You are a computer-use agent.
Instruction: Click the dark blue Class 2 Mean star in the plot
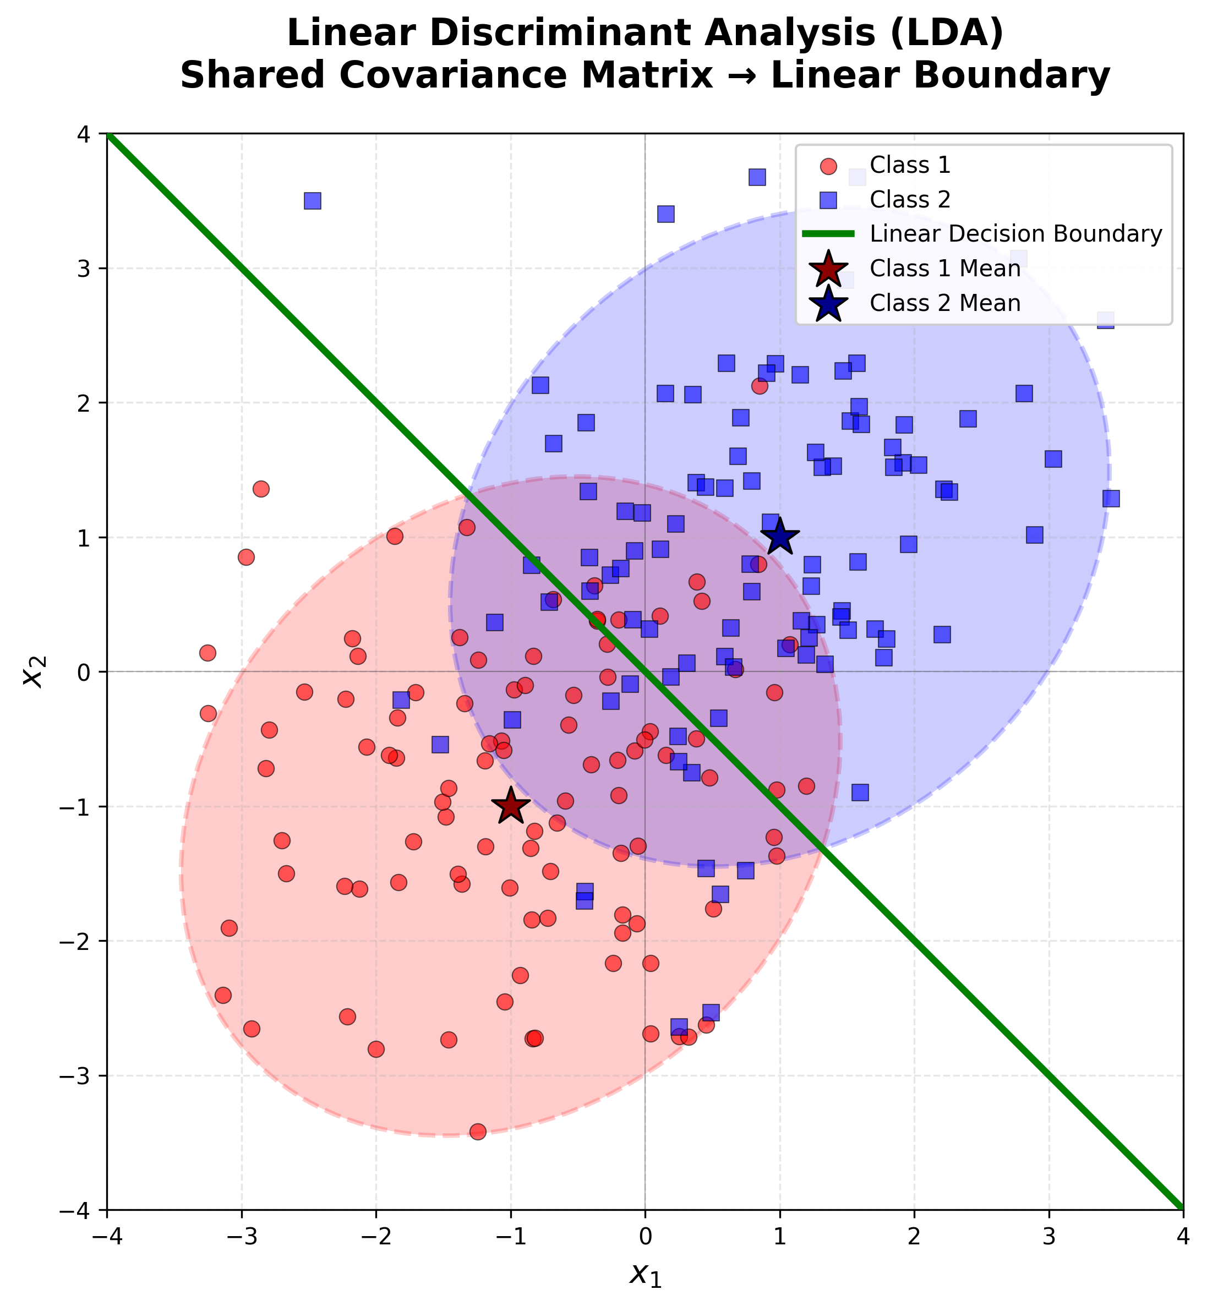tap(779, 537)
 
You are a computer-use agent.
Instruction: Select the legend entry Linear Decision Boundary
tap(1015, 234)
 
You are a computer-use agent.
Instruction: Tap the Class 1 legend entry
tap(910, 165)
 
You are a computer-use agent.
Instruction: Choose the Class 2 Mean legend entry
tap(944, 303)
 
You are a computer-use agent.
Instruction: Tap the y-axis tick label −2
tap(77, 941)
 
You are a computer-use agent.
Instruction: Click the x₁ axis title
tap(645, 1274)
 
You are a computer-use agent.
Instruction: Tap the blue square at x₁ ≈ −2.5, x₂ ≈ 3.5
tap(312, 201)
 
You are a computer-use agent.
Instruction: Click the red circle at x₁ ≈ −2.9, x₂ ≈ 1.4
tap(260, 489)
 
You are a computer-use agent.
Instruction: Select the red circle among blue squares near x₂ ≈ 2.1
tap(759, 386)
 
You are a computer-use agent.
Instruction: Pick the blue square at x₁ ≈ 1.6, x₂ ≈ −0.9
tap(860, 793)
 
